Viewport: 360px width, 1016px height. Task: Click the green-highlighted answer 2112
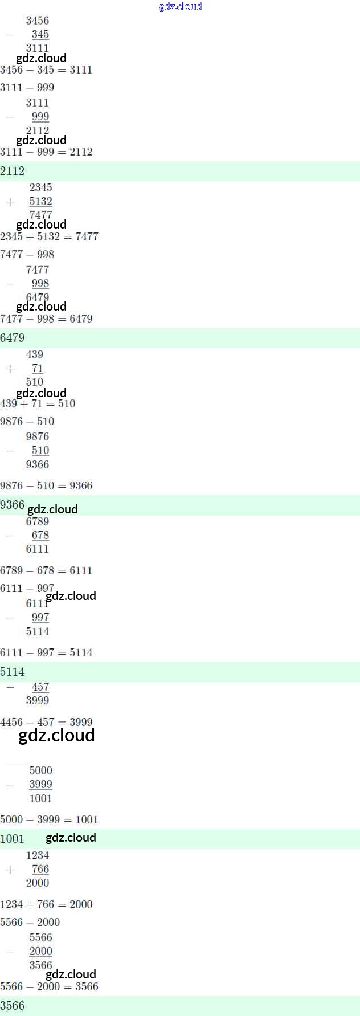click(x=13, y=171)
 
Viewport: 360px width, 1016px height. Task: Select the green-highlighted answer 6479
click(x=13, y=338)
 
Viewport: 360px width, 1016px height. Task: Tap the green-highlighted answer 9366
click(x=13, y=505)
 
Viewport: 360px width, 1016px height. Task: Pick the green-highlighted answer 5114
click(x=13, y=672)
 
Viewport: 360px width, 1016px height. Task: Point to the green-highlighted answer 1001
click(x=13, y=839)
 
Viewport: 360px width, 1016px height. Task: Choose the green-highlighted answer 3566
click(x=13, y=1005)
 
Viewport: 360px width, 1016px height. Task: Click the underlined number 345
click(x=40, y=34)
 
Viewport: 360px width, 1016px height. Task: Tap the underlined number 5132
click(x=40, y=201)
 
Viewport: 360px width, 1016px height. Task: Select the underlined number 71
click(x=38, y=368)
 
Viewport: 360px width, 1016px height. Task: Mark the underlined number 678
click(x=40, y=535)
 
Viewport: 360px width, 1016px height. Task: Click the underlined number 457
click(x=40, y=687)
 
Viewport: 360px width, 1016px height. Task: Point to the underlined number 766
click(x=40, y=869)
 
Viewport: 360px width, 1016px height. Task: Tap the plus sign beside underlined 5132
click(x=10, y=202)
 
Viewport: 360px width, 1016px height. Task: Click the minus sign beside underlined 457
click(x=10, y=687)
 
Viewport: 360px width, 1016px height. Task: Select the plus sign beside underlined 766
click(x=10, y=870)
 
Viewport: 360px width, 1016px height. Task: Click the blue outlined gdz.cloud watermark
click(x=180, y=6)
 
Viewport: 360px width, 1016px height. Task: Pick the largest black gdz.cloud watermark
click(x=56, y=735)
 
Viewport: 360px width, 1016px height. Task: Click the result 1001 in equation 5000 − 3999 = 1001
click(x=87, y=819)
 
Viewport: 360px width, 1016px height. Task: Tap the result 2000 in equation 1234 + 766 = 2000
click(x=81, y=904)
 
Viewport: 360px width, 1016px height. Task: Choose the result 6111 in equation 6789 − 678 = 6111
click(x=81, y=570)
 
